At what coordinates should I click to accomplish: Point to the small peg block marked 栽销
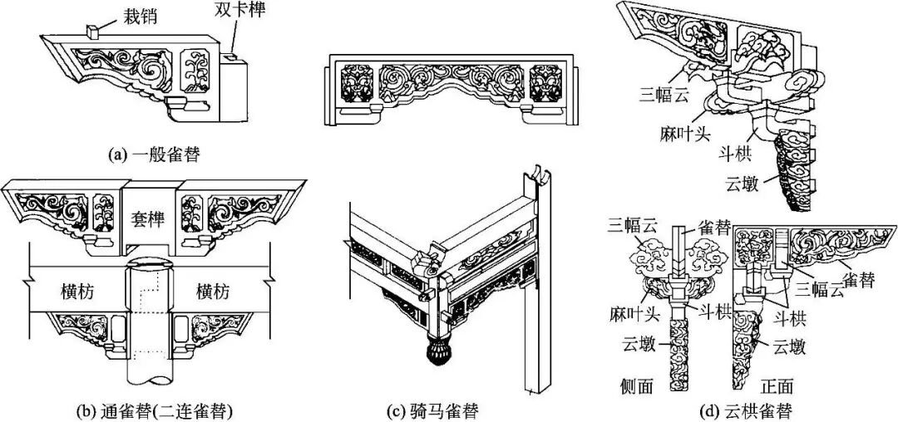pos(91,32)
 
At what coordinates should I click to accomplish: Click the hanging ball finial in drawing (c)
pos(439,354)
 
